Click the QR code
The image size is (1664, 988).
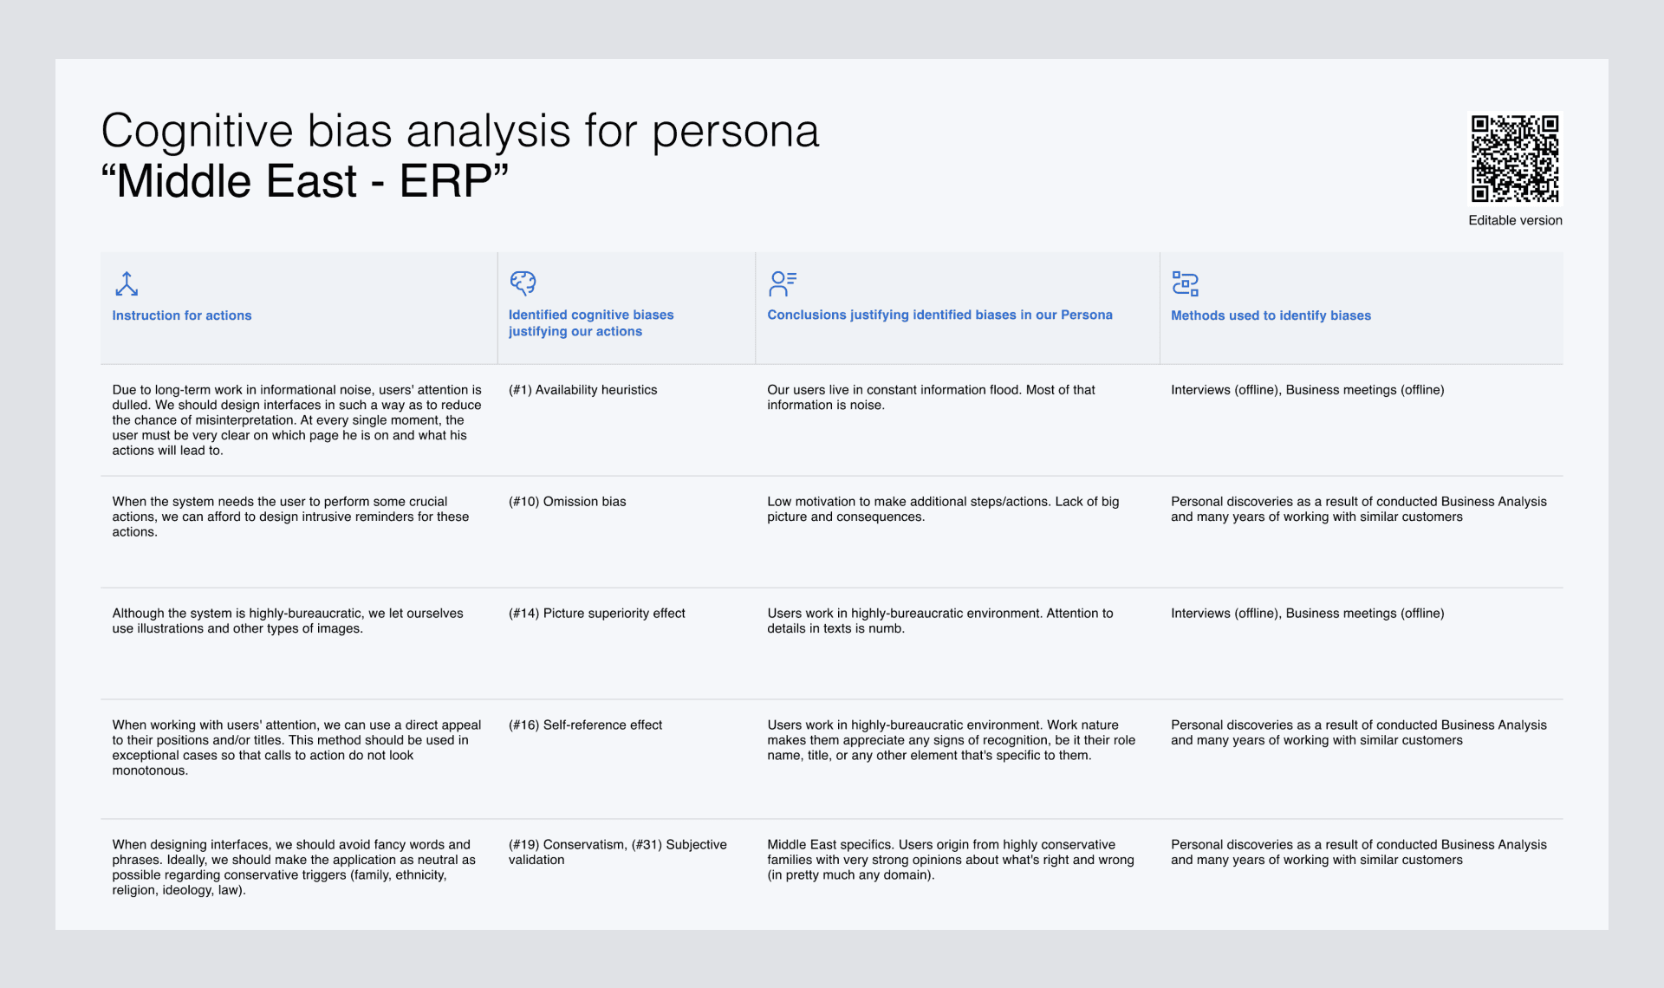click(x=1514, y=158)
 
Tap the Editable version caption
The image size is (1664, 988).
click(x=1515, y=220)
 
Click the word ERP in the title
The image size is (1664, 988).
click(x=445, y=181)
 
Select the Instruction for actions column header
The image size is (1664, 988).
click(x=182, y=315)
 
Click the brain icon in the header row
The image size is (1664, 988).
click(x=523, y=283)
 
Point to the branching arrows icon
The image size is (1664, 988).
click(x=127, y=283)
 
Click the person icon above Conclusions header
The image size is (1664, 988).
click(x=782, y=283)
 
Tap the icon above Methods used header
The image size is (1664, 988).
click(x=1185, y=283)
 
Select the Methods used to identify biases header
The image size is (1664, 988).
click(x=1271, y=315)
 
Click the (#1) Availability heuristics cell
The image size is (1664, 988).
click(x=582, y=390)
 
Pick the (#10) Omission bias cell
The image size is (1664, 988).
click(x=567, y=502)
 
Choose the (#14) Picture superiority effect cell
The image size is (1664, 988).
click(x=596, y=614)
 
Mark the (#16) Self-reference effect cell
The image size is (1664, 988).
click(x=585, y=725)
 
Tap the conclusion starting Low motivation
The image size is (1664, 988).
click(x=943, y=509)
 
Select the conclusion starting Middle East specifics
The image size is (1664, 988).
click(x=950, y=860)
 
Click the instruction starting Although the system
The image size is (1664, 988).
click(x=288, y=621)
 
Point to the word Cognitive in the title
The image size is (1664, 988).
click(x=197, y=132)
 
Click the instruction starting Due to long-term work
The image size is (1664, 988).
click(x=296, y=419)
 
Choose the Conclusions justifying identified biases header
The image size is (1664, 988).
click(x=939, y=315)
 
